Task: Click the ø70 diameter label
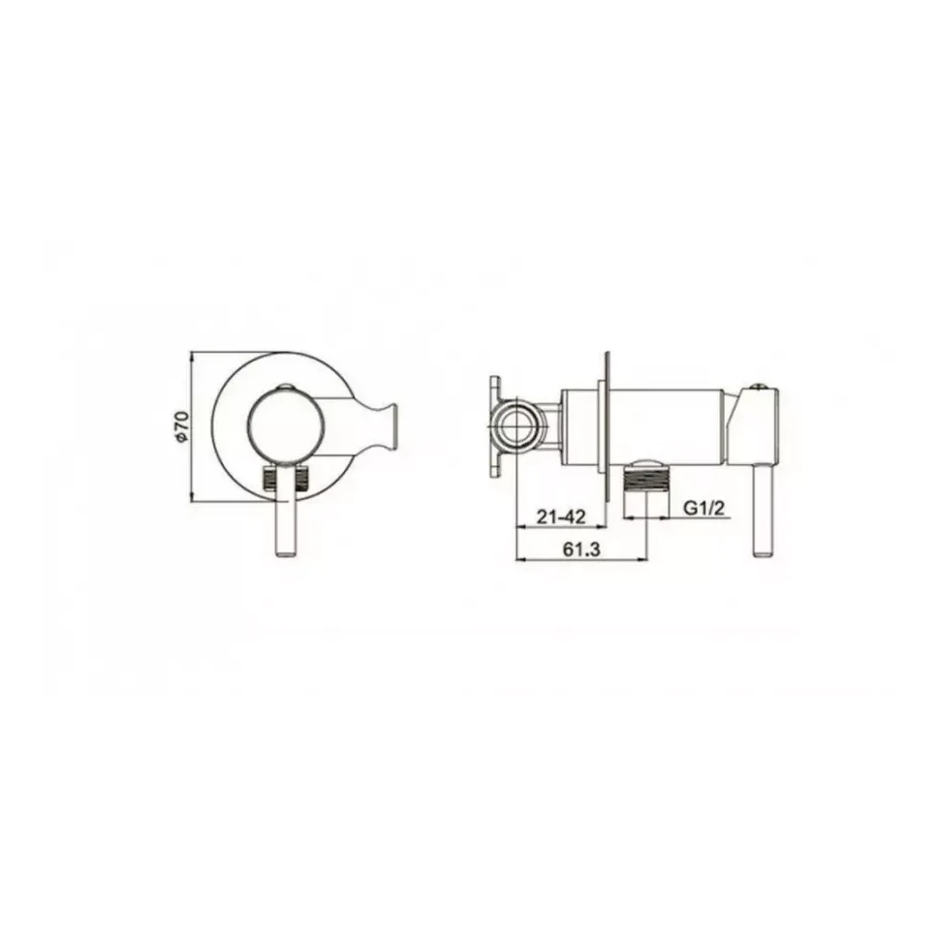click(x=182, y=426)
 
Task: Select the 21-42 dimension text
click(x=560, y=516)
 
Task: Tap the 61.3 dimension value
click(x=580, y=549)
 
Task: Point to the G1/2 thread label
click(x=704, y=509)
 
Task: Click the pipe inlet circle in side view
click(x=516, y=427)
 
